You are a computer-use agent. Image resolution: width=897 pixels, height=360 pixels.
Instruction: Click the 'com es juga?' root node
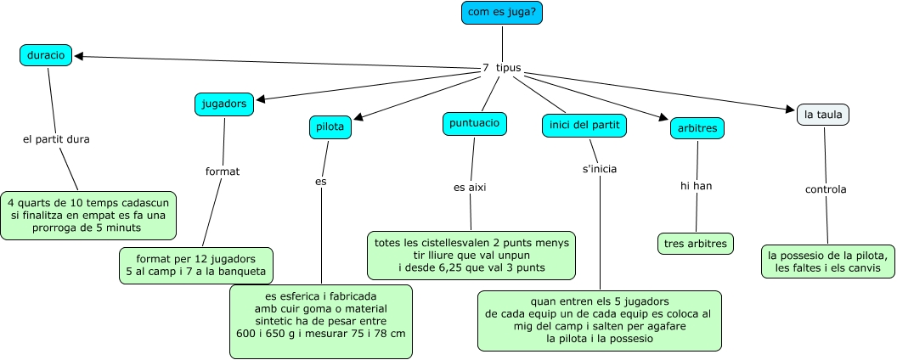click(502, 13)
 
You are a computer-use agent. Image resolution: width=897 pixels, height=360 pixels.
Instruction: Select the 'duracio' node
click(46, 55)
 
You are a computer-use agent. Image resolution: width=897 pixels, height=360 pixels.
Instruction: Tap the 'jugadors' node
click(224, 104)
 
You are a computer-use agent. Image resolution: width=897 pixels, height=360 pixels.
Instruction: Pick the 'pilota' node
click(330, 127)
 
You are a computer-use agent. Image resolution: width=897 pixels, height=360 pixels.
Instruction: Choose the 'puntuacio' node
click(475, 123)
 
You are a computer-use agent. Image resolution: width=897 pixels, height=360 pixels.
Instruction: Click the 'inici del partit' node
click(584, 126)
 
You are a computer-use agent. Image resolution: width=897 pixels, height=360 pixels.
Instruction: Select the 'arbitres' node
click(697, 128)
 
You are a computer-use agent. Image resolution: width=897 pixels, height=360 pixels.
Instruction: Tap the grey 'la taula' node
click(823, 115)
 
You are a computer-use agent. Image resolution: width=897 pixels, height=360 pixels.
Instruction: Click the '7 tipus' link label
click(502, 68)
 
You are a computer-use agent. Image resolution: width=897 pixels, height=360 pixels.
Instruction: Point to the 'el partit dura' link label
click(56, 139)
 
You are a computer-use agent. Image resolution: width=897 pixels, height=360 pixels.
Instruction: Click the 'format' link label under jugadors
click(223, 172)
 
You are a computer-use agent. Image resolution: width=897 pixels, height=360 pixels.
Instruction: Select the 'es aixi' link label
click(470, 188)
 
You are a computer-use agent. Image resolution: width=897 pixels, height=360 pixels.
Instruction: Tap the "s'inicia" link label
click(600, 169)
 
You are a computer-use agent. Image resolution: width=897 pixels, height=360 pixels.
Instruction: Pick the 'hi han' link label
click(697, 186)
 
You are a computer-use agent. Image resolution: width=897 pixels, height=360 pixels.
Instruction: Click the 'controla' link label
click(826, 189)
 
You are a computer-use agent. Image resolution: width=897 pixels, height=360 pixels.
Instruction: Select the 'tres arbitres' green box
click(696, 244)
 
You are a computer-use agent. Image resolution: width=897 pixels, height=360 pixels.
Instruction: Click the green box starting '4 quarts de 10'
click(88, 216)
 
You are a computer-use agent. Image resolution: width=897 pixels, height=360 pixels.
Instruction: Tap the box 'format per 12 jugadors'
click(196, 266)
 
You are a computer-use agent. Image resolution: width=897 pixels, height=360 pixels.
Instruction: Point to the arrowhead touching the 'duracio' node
click(79, 56)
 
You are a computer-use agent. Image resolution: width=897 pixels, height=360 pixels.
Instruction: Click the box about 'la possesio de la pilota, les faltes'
click(828, 262)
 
